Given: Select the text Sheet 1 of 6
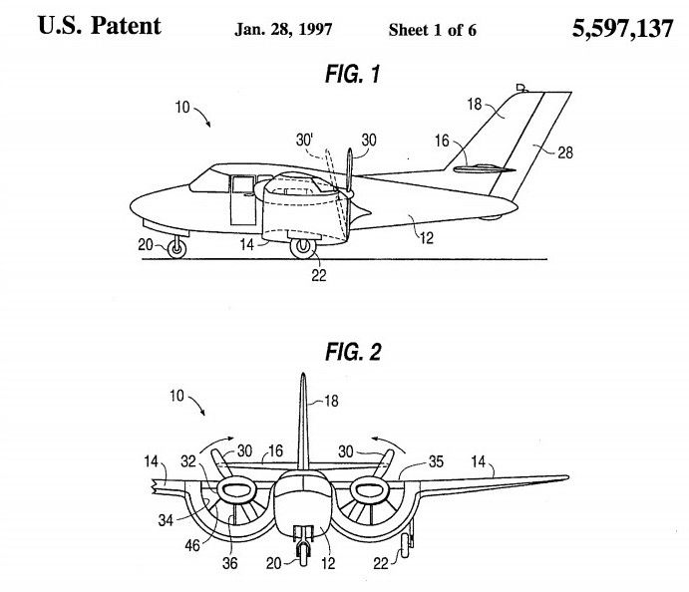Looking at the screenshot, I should (x=433, y=30).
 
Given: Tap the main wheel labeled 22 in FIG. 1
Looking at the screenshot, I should (x=304, y=247).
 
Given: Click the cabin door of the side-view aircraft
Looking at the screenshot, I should (x=240, y=200).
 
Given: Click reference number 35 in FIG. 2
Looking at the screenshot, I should (x=435, y=461).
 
